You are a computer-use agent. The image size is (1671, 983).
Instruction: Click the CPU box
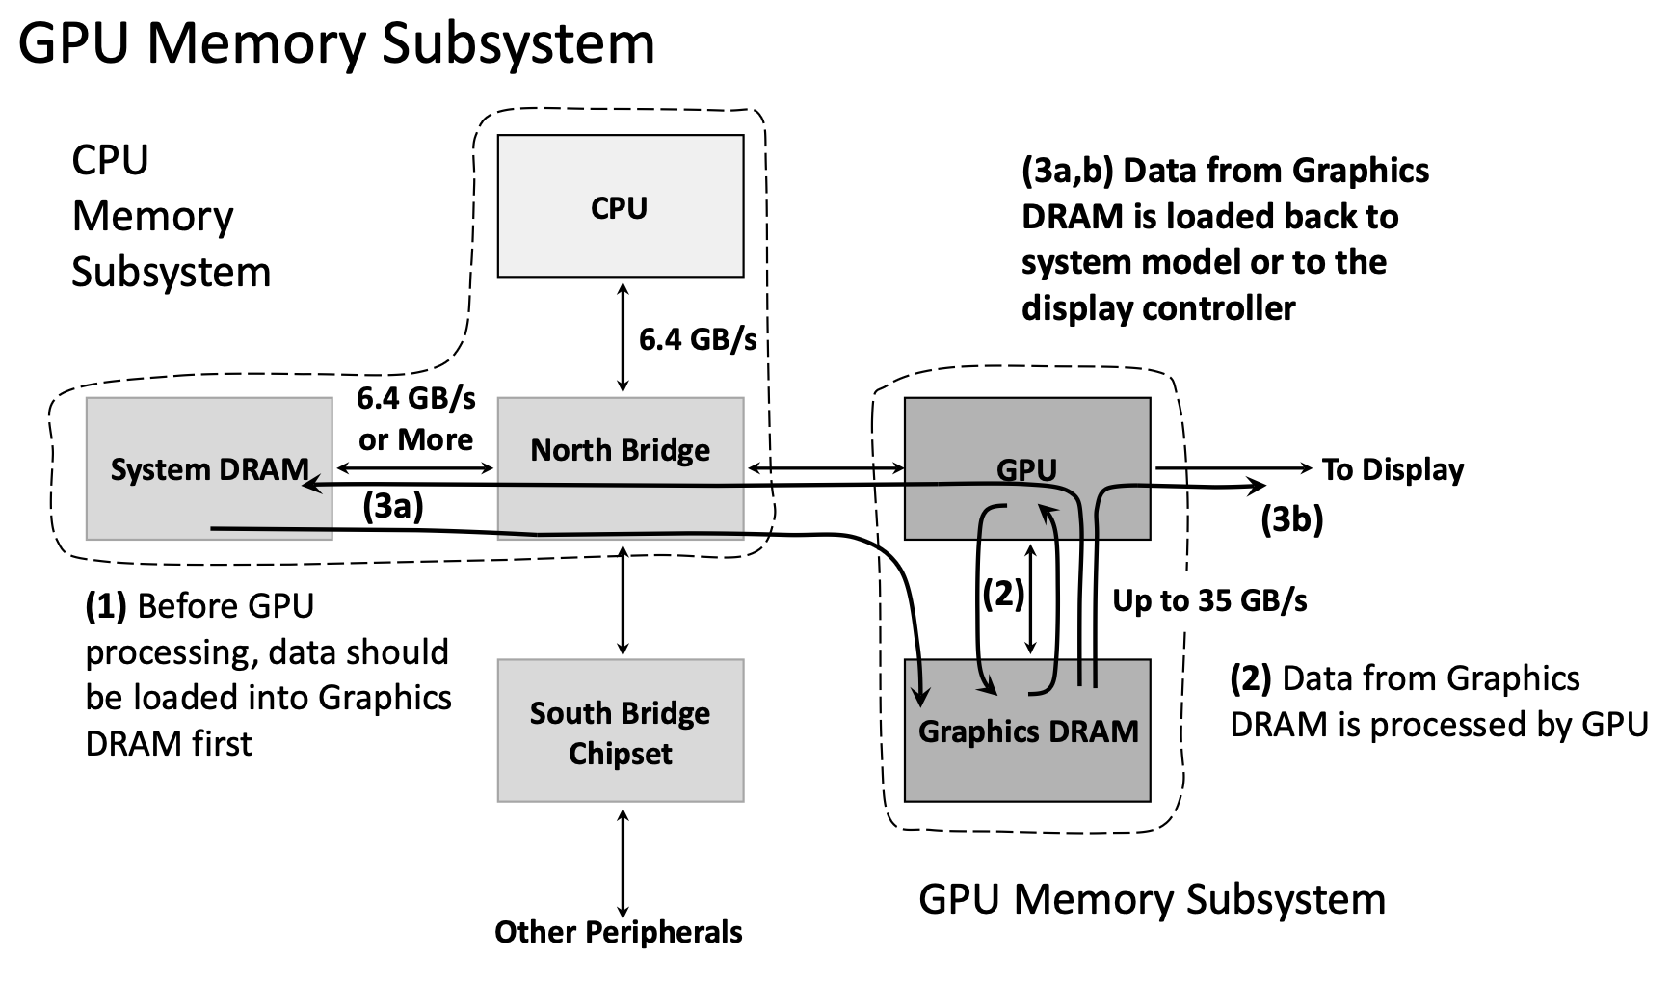620,206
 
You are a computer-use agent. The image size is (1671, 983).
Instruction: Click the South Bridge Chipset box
620,731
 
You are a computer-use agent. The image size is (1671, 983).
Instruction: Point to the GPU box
1027,434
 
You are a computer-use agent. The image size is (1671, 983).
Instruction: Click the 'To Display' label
1392,469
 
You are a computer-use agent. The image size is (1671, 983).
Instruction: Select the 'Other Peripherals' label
619,932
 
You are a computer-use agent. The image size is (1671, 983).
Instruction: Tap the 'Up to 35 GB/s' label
1209,600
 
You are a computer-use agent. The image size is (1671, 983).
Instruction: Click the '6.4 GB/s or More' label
416,419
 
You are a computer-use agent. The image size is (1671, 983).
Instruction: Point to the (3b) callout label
1292,519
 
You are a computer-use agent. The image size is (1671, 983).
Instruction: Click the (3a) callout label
393,507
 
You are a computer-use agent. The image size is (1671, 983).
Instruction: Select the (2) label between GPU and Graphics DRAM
1003,594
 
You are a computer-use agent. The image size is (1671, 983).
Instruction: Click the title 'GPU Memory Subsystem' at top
336,43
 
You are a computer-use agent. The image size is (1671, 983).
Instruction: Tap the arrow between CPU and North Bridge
623,337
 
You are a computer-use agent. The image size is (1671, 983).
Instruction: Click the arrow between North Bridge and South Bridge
623,599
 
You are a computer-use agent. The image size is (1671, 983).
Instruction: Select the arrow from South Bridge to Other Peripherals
623,863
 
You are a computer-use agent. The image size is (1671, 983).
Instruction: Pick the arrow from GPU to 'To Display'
1233,468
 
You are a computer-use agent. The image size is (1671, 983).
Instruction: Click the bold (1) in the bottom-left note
106,606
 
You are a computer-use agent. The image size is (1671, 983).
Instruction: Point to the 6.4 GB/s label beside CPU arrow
698,339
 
